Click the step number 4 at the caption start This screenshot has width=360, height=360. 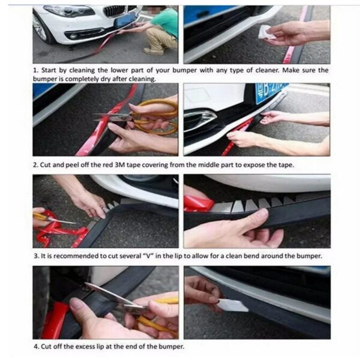(35, 347)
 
